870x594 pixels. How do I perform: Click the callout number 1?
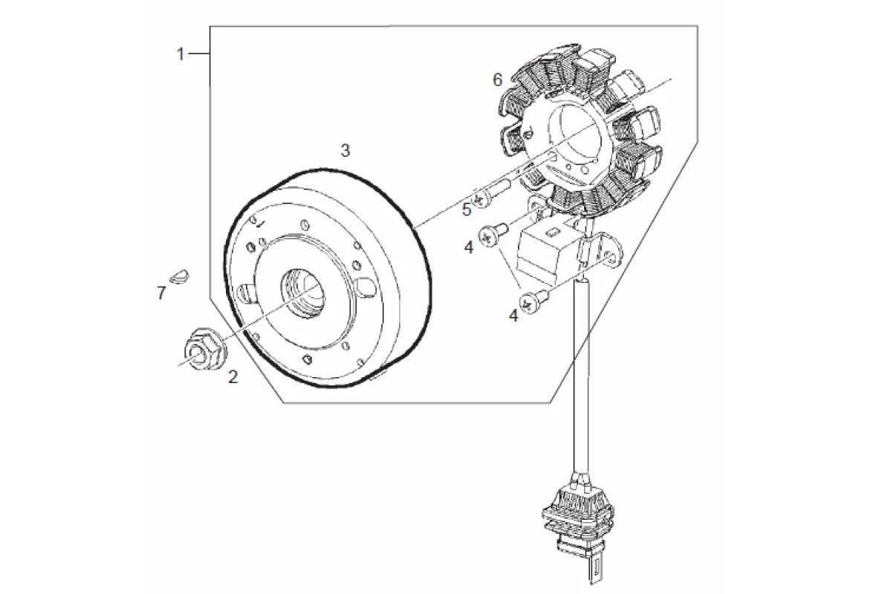[180, 54]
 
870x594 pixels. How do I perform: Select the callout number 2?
[233, 376]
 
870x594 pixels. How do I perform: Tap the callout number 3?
[345, 150]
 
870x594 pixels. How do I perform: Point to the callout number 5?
[466, 209]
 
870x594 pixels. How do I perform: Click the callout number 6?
[498, 80]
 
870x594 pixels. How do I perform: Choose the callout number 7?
[161, 293]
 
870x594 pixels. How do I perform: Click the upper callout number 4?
[469, 247]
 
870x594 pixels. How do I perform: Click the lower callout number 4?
[514, 316]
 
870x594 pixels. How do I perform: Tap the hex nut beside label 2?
[204, 347]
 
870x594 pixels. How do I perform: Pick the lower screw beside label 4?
[534, 302]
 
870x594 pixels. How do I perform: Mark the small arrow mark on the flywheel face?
[260, 223]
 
